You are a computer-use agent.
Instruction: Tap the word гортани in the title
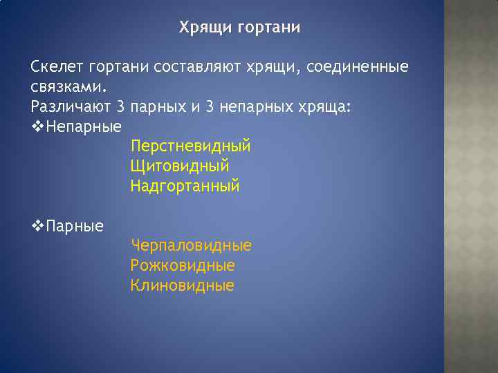[x=268, y=28]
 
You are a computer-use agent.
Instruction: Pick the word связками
[x=68, y=88]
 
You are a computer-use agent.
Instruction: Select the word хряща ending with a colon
[x=324, y=107]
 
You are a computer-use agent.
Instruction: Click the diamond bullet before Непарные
[x=37, y=126]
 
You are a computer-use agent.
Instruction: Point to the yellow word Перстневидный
[x=190, y=146]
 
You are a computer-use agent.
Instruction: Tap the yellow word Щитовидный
[x=179, y=166]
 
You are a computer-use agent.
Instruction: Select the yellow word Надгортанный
[x=185, y=186]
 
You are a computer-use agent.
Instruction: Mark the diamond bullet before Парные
[x=37, y=225]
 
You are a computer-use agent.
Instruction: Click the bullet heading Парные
[x=74, y=226]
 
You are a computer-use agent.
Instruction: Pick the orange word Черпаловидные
[x=191, y=245]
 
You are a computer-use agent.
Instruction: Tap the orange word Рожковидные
[x=183, y=265]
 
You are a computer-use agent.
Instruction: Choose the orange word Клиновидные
[x=182, y=285]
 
